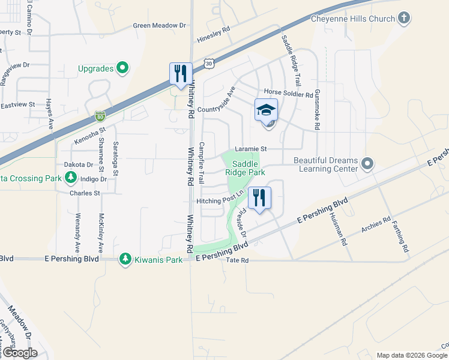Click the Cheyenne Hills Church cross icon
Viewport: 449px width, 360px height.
405,19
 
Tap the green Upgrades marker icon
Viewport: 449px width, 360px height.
122,68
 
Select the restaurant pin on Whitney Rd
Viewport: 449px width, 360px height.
181,74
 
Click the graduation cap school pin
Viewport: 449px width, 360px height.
266,110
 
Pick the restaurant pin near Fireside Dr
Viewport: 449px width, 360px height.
259,197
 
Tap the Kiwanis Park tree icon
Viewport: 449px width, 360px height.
125,259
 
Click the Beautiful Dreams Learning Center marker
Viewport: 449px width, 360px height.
368,163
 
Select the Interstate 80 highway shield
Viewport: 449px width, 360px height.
100,115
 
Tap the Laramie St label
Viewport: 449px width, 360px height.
250,148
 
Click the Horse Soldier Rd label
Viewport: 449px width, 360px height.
288,94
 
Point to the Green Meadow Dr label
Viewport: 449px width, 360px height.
160,26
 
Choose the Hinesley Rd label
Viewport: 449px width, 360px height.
214,35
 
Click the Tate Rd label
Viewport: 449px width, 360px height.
233,261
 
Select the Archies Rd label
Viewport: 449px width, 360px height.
376,224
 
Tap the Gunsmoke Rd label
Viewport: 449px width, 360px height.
318,113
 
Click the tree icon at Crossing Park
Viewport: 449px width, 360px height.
71,178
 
